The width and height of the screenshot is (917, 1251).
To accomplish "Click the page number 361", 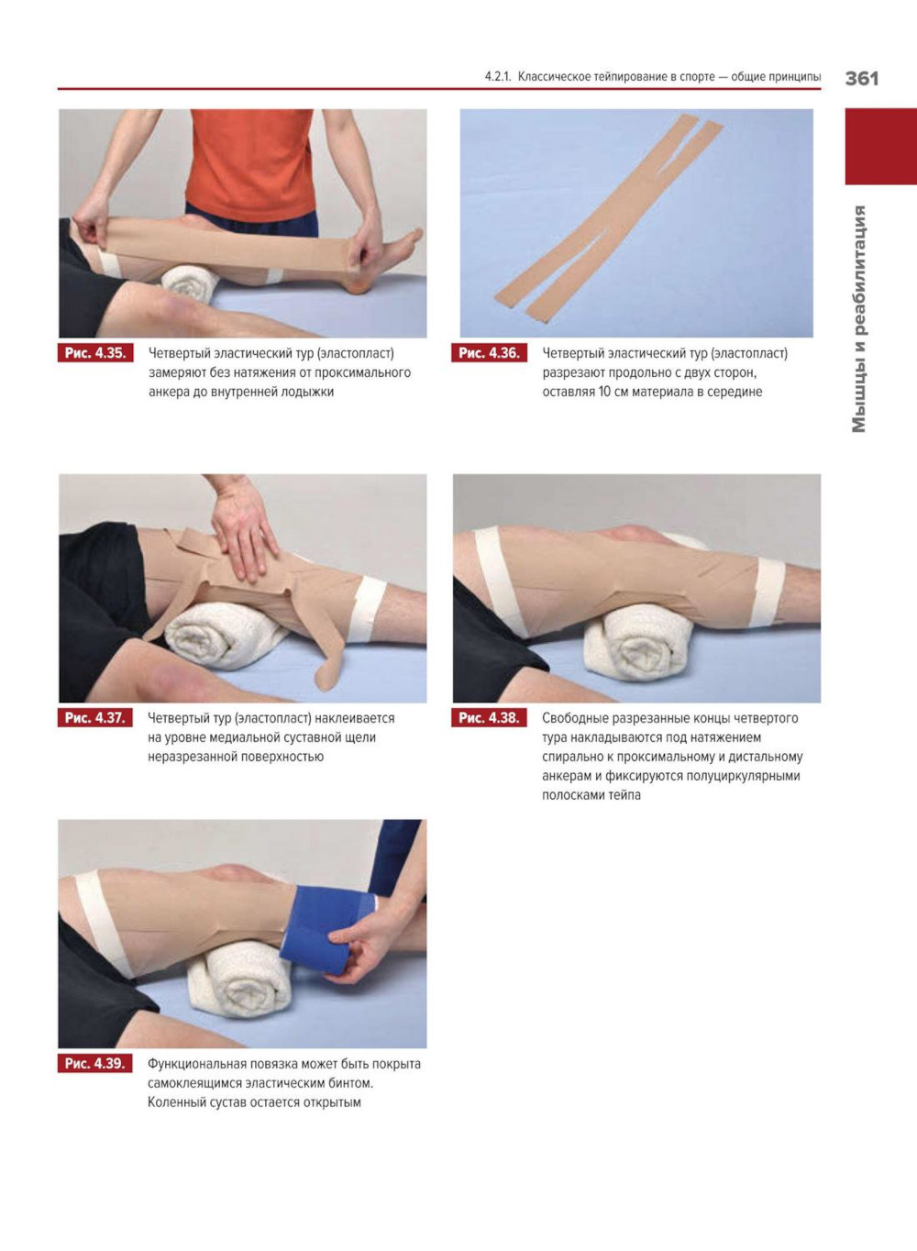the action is click(x=862, y=79).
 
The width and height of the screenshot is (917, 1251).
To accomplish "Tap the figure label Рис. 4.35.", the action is click(x=95, y=353).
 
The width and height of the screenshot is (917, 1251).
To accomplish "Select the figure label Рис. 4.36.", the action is click(x=489, y=353).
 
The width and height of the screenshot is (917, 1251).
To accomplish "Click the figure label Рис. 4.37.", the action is click(x=95, y=718).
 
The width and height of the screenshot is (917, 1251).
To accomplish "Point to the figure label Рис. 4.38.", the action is click(x=489, y=718).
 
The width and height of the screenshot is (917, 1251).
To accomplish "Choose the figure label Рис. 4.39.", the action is click(x=95, y=1063).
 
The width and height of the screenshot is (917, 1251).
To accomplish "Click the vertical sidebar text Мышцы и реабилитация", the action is click(x=859, y=319).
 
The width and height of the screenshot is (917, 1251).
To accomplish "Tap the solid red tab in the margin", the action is click(x=880, y=147).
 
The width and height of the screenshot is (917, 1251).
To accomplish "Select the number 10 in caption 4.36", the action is click(x=605, y=392).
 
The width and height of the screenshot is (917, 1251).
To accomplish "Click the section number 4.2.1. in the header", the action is click(x=498, y=76).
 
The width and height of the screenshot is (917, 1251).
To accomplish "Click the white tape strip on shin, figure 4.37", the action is click(x=366, y=610).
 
